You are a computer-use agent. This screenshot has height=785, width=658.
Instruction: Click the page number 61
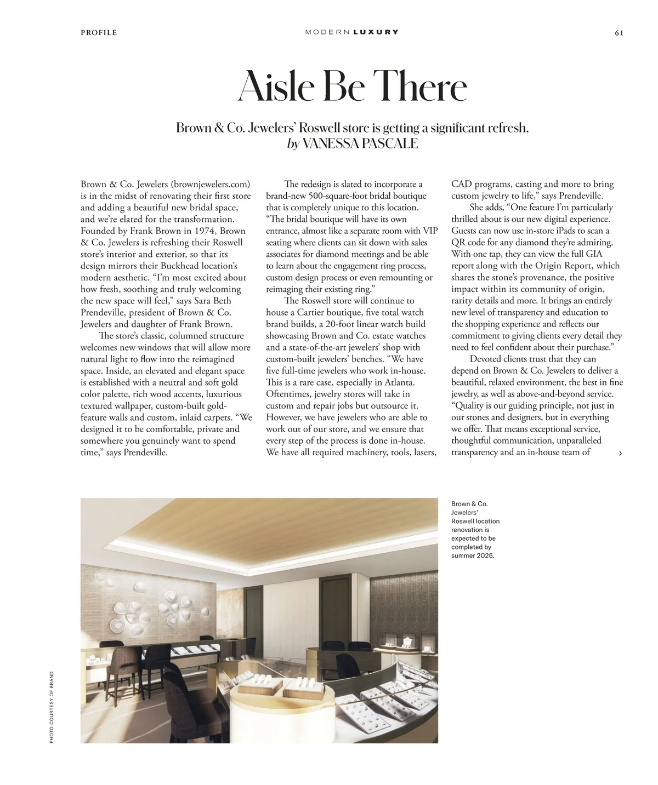point(619,32)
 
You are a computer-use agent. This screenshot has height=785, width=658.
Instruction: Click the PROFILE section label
point(99,32)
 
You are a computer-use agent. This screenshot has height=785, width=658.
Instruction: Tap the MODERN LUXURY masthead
point(351,32)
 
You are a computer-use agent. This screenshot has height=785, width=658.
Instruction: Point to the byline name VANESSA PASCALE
point(360,144)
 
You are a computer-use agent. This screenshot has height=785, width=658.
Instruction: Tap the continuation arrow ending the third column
point(620,453)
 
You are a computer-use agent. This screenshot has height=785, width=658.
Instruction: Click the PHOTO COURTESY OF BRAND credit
point(52,707)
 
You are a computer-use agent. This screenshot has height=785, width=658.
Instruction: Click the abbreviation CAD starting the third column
point(462,184)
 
